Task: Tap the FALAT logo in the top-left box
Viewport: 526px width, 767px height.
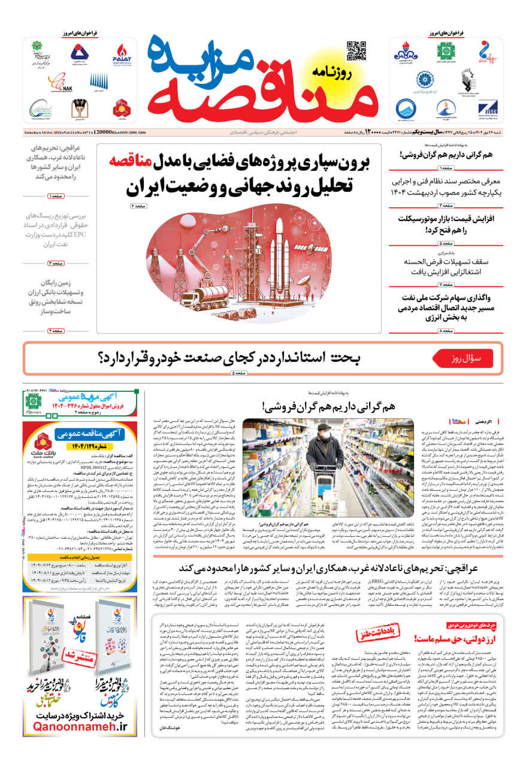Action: (122, 54)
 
